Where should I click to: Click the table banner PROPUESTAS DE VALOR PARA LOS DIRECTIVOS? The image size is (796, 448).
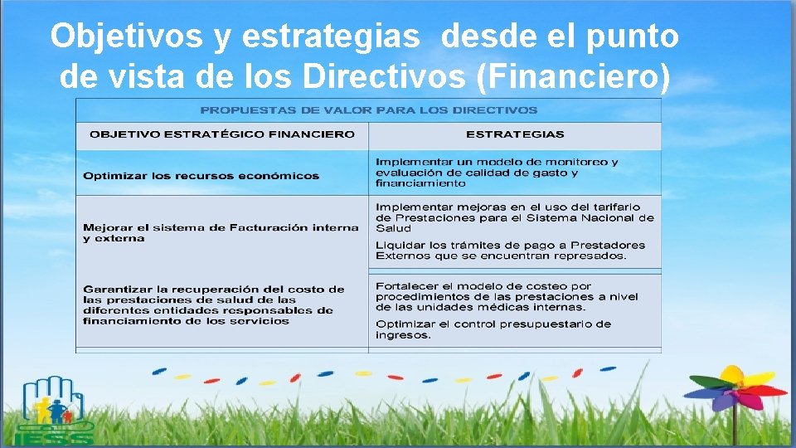click(x=369, y=110)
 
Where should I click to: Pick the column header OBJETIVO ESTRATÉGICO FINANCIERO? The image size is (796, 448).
click(x=222, y=134)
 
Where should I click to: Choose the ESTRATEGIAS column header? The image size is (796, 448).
click(x=515, y=134)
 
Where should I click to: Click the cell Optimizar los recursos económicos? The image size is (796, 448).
click(x=201, y=176)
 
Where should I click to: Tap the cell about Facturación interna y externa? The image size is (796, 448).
click(x=221, y=232)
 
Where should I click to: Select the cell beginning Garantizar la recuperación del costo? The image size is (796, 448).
click(x=213, y=304)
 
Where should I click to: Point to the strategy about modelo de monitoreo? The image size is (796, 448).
click(x=497, y=172)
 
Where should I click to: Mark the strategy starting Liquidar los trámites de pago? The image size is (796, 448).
click(x=510, y=250)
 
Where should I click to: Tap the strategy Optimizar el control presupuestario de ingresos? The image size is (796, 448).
click(x=493, y=329)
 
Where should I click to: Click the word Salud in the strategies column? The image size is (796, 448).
click(x=393, y=228)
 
